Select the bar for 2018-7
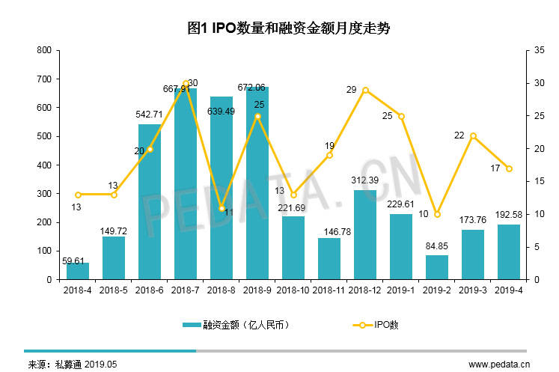(x=186, y=183)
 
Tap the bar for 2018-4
(x=78, y=271)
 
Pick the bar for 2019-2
(x=437, y=267)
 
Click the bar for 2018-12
(x=365, y=234)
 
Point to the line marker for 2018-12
(x=365, y=90)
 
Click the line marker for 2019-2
(x=437, y=214)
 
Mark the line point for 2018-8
(x=222, y=207)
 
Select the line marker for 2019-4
(x=509, y=168)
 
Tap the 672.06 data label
(x=257, y=87)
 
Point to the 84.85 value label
(x=437, y=246)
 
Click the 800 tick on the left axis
(x=44, y=50)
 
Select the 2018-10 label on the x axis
(x=293, y=289)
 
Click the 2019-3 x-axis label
(x=473, y=289)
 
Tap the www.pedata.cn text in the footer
(x=498, y=364)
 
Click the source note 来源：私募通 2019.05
(x=73, y=364)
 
